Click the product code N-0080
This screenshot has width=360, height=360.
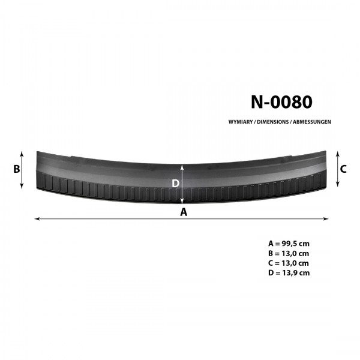(281, 102)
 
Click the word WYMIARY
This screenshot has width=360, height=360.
(241, 122)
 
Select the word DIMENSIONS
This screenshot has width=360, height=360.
(273, 122)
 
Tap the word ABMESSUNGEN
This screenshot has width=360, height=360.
(312, 122)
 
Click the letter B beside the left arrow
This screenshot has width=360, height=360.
(17, 169)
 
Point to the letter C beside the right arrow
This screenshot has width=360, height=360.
(343, 169)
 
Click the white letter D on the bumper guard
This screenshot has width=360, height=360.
(175, 184)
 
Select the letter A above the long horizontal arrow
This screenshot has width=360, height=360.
(184, 212)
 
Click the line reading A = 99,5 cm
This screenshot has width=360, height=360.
(289, 244)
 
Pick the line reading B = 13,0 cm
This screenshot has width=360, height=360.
(289, 253)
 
